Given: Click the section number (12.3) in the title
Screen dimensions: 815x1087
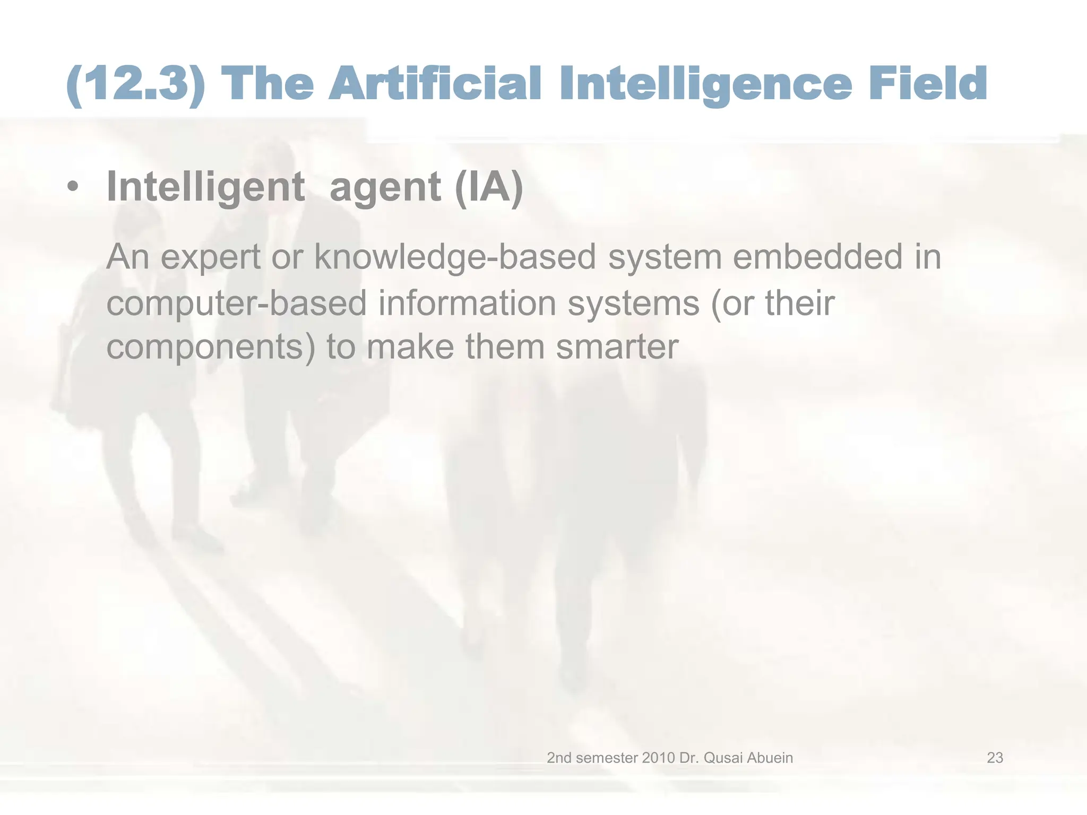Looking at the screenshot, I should pos(136,84).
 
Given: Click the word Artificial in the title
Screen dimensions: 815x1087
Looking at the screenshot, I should pos(435,84).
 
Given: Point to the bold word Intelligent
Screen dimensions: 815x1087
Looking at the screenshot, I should pos(206,187).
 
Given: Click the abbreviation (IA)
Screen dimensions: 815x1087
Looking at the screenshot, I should pos(489,187).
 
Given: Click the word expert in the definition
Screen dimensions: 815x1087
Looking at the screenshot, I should pos(210,257).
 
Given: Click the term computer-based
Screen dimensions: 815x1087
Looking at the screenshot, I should pos(237,304).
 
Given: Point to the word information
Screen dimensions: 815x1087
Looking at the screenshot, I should pos(467,303).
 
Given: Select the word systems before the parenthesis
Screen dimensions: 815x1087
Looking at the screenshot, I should pos(634,304).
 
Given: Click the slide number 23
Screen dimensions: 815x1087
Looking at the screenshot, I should pos(995,758).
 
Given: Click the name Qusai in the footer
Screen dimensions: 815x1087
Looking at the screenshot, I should pos(723,758).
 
